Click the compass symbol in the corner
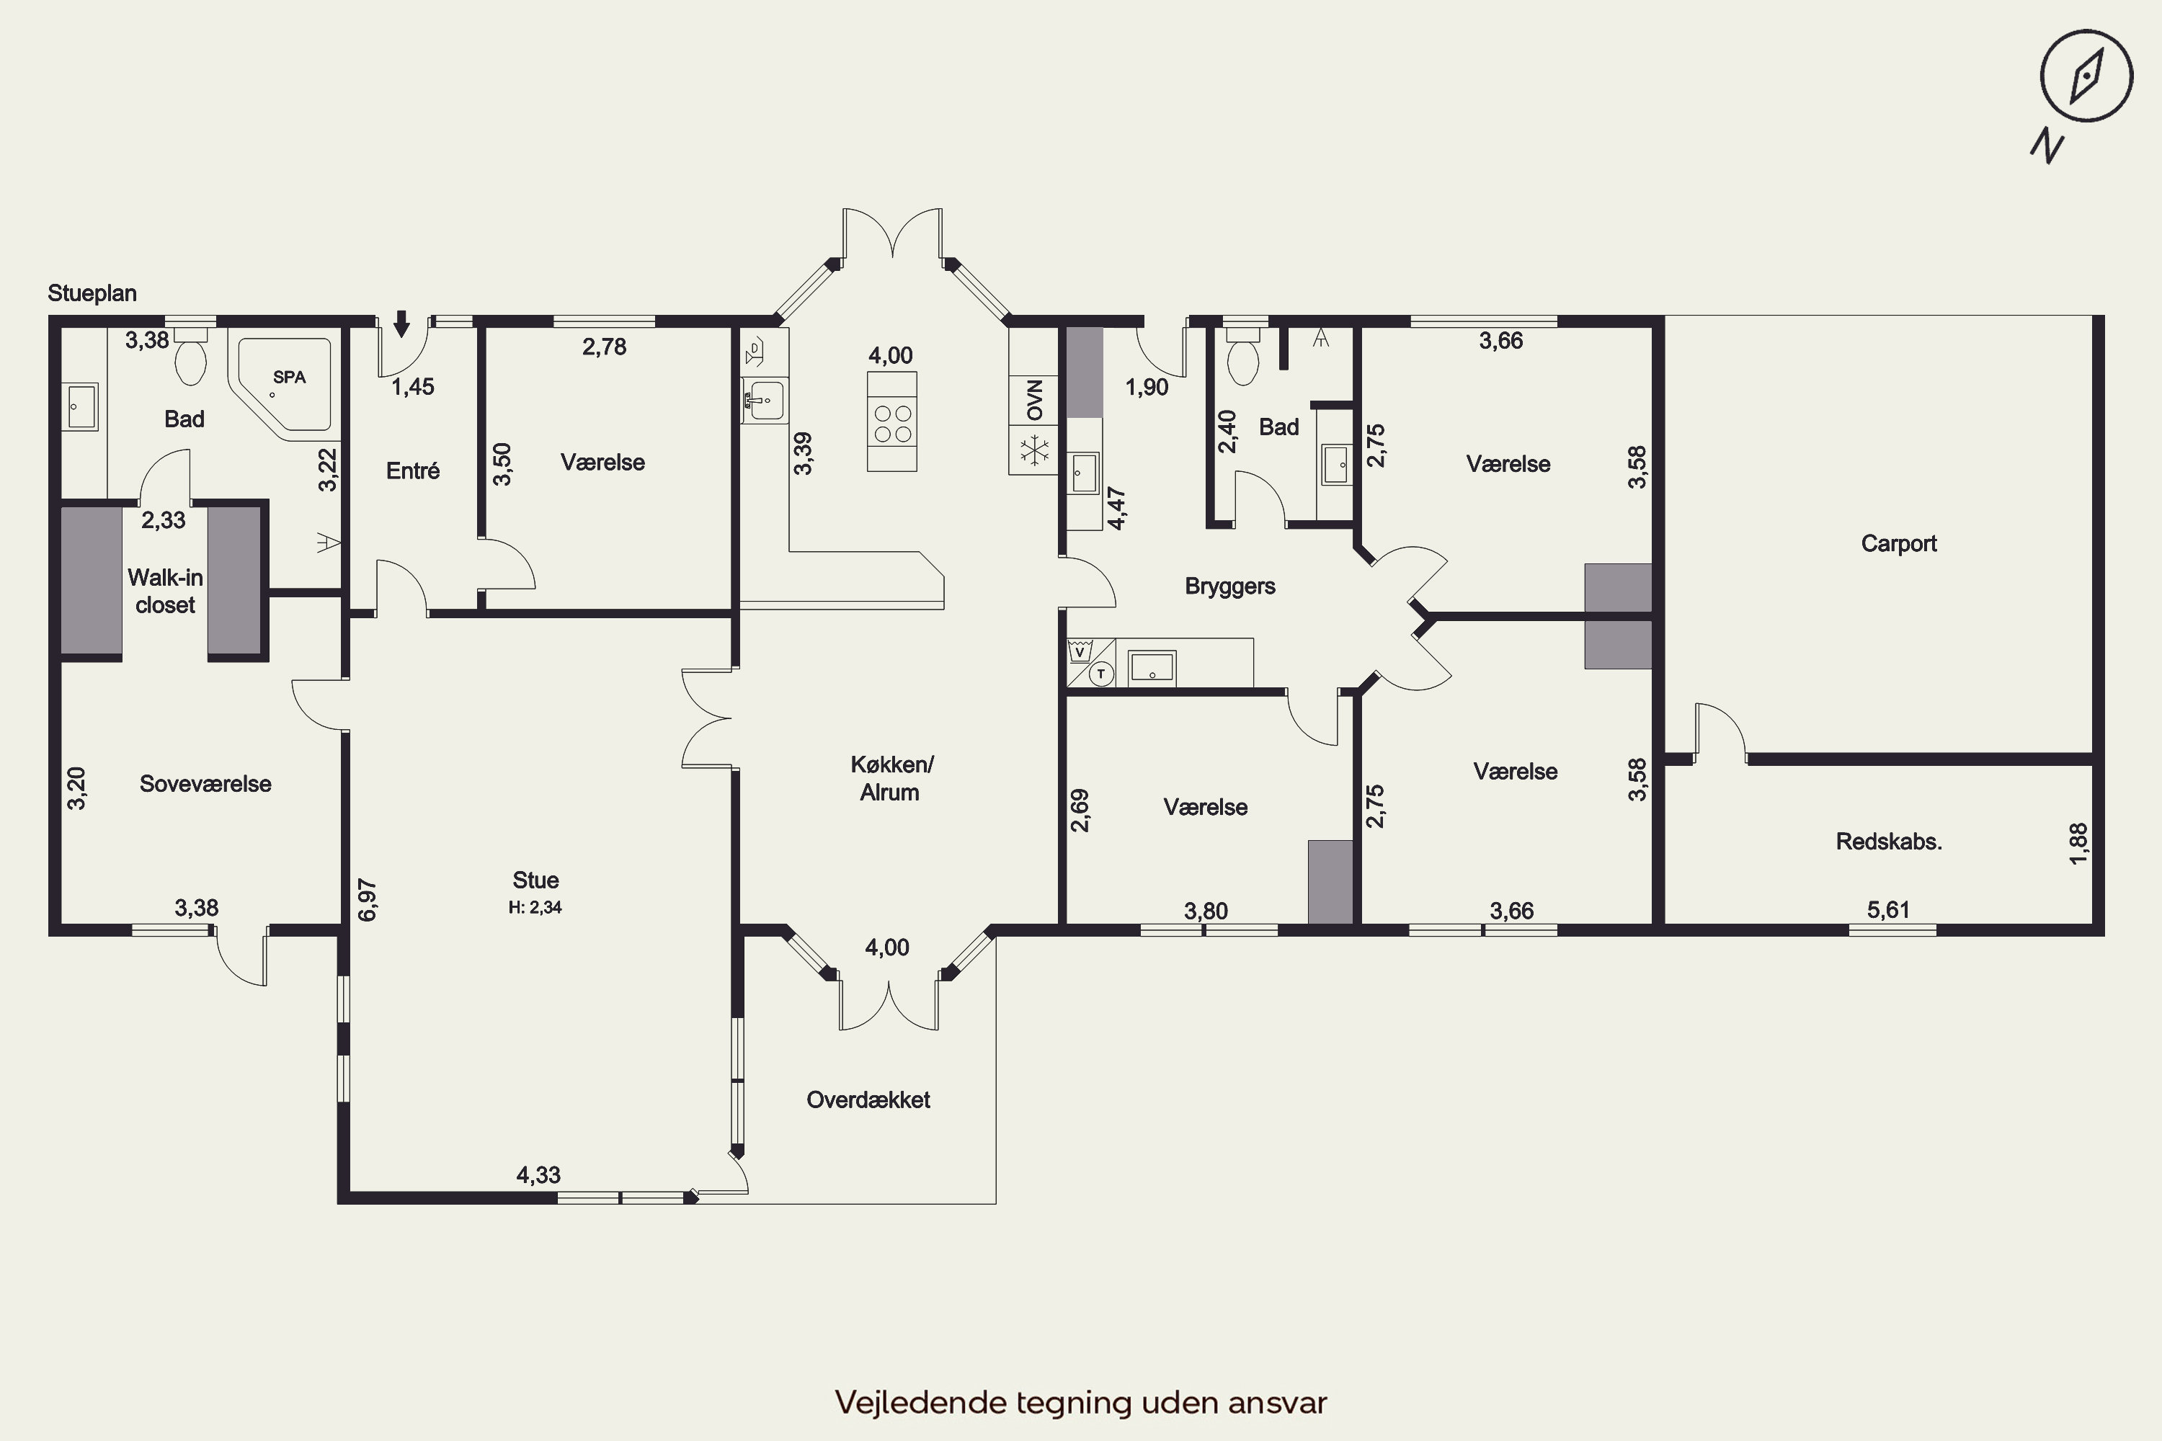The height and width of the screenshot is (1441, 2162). coord(2086,76)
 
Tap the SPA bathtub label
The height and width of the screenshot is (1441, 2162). coord(290,377)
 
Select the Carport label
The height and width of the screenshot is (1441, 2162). coord(1898,543)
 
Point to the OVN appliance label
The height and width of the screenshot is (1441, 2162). coord(1035,400)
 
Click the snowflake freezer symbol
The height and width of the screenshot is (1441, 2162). coord(1035,450)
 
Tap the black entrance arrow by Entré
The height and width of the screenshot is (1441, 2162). coord(401,324)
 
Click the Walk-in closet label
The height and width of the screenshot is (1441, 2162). coord(166,591)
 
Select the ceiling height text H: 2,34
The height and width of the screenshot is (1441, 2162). coord(535,907)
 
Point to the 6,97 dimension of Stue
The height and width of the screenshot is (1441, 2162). coord(367,900)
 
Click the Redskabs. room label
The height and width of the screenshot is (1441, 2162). coord(1889,841)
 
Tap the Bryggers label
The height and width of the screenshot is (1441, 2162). coord(1230,586)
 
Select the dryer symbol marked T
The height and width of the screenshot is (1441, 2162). coord(1101,674)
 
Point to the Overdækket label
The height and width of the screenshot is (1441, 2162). coord(868,1100)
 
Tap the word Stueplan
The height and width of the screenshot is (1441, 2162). coord(92,293)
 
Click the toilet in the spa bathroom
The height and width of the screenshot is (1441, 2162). coord(191,357)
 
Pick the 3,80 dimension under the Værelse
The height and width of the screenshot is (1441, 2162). coord(1206,911)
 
